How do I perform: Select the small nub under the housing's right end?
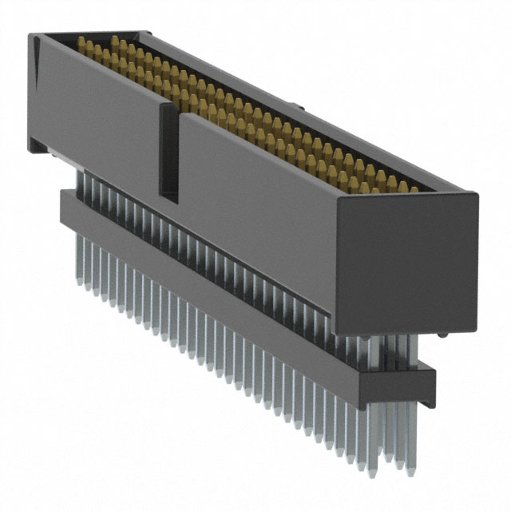point(442,334)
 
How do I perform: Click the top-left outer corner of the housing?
point(30,35)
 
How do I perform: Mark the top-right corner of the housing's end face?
point(477,194)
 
